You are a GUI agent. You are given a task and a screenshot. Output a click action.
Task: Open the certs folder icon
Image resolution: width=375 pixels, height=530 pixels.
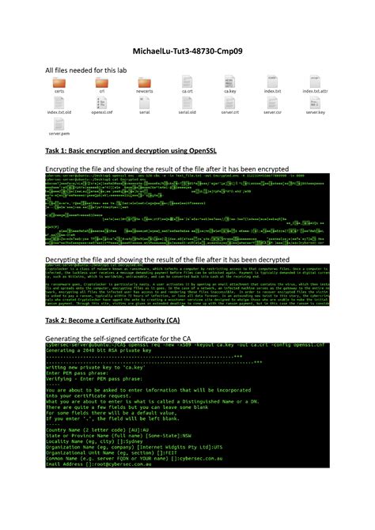pyautogui.click(x=59, y=82)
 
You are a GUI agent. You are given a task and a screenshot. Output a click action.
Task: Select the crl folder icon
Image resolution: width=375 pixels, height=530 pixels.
pyautogui.click(x=101, y=82)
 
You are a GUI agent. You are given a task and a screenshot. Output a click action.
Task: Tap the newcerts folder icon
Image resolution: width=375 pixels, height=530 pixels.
pyautogui.click(x=144, y=82)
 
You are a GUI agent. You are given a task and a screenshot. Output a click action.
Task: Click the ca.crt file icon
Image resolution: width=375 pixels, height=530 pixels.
pyautogui.click(x=187, y=82)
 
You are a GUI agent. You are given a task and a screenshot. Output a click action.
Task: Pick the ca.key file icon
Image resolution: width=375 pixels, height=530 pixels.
pyautogui.click(x=230, y=82)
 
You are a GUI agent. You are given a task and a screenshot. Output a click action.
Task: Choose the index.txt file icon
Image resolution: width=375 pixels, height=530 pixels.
pyautogui.click(x=273, y=82)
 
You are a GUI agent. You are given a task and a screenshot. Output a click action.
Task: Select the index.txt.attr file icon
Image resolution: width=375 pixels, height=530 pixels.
pyautogui.click(x=315, y=82)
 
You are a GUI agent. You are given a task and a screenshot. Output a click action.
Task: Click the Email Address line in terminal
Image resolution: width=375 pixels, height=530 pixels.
pyautogui.click(x=95, y=486)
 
